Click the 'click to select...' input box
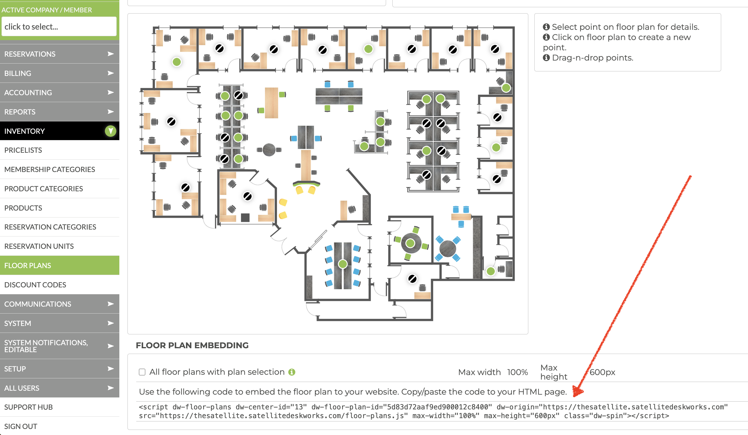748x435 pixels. point(59,27)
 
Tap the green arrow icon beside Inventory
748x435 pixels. point(111,131)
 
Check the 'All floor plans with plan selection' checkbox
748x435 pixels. point(142,372)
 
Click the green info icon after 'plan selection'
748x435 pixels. point(292,372)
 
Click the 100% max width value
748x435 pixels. point(517,372)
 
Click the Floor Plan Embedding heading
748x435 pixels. point(192,345)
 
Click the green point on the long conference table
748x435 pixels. point(343,264)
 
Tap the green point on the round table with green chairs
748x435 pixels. point(410,243)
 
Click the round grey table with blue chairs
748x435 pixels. point(448,249)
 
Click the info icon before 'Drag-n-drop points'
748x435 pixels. point(546,58)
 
